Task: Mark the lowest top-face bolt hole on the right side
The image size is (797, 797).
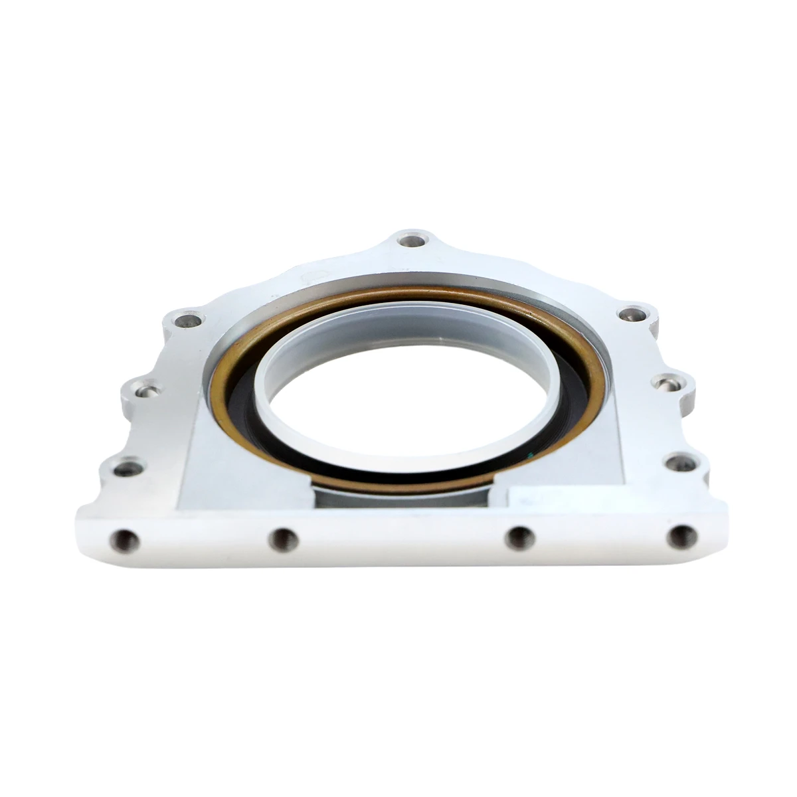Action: tap(679, 463)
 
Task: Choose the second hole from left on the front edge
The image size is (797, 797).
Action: tap(283, 539)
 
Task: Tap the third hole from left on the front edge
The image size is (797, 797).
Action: tap(520, 537)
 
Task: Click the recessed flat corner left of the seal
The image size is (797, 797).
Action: tap(199, 465)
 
